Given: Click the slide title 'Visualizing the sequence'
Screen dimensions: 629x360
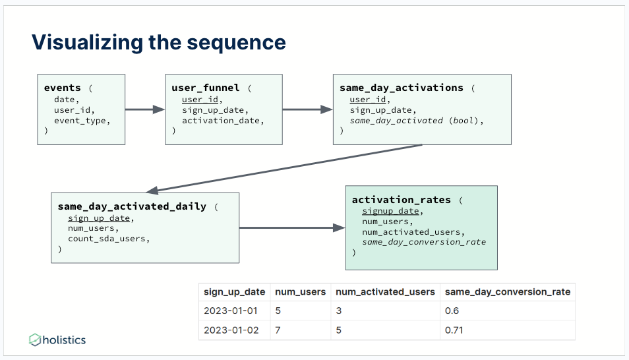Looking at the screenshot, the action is click(159, 43).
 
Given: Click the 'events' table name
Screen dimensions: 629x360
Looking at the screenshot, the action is click(62, 88).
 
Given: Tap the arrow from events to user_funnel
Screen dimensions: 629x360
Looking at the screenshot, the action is click(145, 109).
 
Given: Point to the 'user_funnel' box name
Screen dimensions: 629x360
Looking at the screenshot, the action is click(206, 88).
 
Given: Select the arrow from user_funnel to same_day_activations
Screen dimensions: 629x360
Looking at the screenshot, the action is click(307, 109).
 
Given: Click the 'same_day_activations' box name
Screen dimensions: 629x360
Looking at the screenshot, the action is click(401, 88).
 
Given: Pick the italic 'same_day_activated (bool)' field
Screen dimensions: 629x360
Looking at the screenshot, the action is click(417, 121).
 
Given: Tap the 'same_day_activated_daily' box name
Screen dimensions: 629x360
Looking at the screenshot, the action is click(132, 206).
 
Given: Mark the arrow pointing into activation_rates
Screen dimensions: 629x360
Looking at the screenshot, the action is click(292, 228).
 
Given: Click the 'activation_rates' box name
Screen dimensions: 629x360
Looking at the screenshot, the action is click(401, 200).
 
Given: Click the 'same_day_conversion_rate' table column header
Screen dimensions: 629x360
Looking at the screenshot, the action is click(508, 292).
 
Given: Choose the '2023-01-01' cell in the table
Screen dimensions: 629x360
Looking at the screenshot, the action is click(231, 311).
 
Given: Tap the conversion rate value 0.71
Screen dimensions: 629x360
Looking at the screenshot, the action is click(454, 330).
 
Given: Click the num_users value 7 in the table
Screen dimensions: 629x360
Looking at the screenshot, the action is click(278, 330).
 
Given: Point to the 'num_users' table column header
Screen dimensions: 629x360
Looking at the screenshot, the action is click(300, 292).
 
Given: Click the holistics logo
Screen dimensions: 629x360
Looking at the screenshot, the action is click(57, 340).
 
